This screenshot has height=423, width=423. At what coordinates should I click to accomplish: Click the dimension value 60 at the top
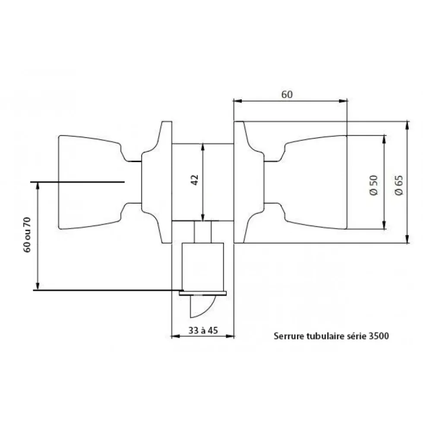click(287, 95)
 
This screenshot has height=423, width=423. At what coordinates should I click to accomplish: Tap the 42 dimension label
click(195, 180)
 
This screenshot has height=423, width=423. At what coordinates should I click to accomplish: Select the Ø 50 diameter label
click(373, 185)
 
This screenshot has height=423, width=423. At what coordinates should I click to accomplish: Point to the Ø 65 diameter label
click(399, 185)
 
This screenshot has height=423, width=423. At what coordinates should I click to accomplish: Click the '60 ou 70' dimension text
click(27, 235)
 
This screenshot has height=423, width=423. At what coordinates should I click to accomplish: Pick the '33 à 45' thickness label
click(203, 330)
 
